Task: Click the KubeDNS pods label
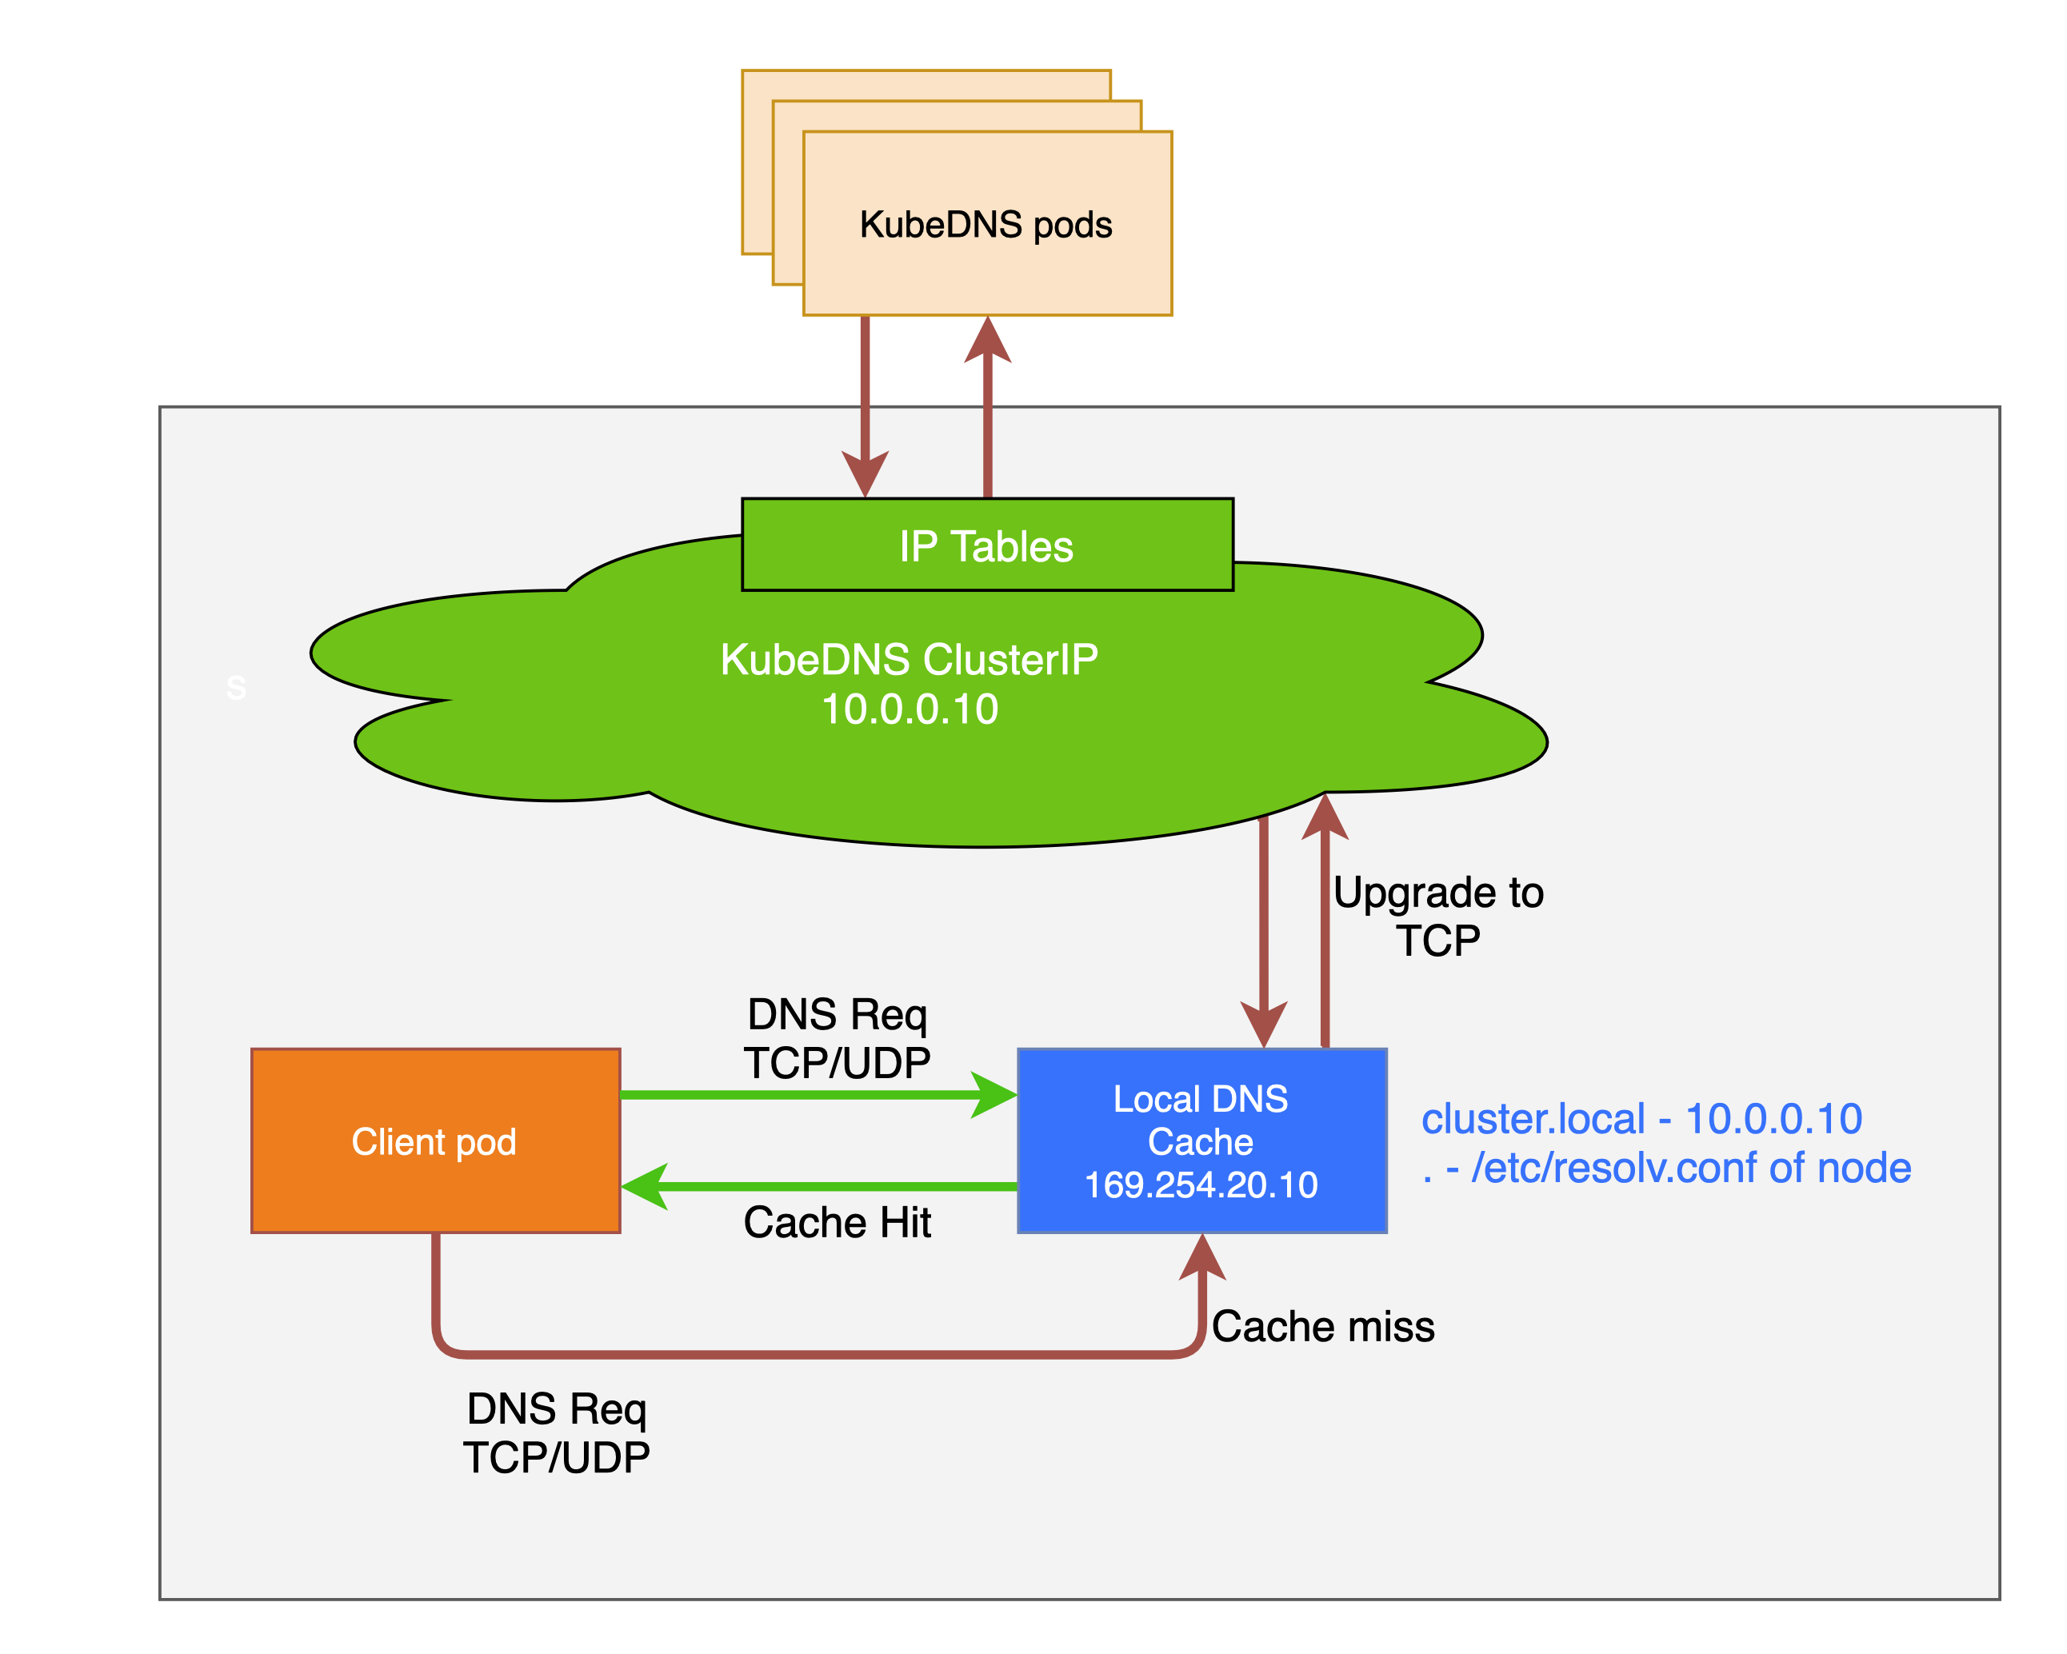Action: coord(986,225)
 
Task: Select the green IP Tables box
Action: coord(986,545)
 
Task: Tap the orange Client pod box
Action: coord(434,1141)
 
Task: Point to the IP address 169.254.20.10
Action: coord(1201,1185)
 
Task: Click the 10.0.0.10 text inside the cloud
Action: coord(910,709)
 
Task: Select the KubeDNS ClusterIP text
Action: coord(909,660)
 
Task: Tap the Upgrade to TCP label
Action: coord(1437,916)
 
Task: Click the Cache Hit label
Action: coord(837,1223)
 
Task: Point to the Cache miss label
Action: coord(1322,1326)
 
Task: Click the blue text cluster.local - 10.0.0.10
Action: coord(1641,1119)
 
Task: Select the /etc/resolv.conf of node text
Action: coord(1690,1168)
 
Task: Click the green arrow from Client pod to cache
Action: coord(796,1094)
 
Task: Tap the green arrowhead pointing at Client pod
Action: coord(644,1187)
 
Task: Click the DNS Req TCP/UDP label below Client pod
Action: coord(556,1432)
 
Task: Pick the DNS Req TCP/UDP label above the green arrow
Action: coord(837,1038)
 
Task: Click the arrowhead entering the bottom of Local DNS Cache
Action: coord(1201,1256)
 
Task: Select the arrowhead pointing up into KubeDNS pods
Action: coord(987,341)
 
